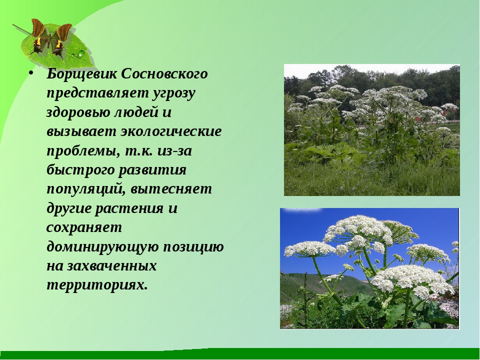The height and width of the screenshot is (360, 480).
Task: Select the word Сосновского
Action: pos(164,74)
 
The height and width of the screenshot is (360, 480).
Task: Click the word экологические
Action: pos(171,131)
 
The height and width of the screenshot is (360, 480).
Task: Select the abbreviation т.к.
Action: pos(138,151)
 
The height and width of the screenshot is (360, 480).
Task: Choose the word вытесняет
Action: pos(171,189)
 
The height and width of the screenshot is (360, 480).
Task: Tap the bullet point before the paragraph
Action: pos(31,73)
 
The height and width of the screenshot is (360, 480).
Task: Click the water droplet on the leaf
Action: pos(81,54)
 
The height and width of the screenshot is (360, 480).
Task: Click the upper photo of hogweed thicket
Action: pos(372,130)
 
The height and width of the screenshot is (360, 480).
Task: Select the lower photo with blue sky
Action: pos(369,268)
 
